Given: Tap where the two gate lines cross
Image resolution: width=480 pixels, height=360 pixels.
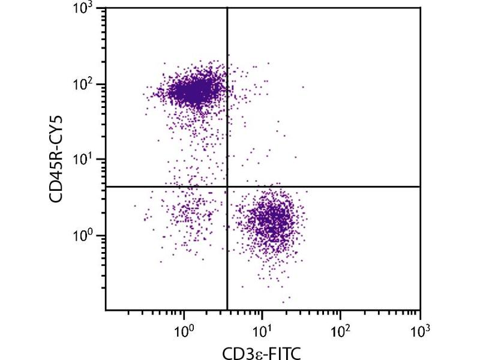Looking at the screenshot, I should tap(227, 187).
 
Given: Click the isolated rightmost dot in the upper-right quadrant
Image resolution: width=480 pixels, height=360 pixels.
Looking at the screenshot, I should tap(303, 87).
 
